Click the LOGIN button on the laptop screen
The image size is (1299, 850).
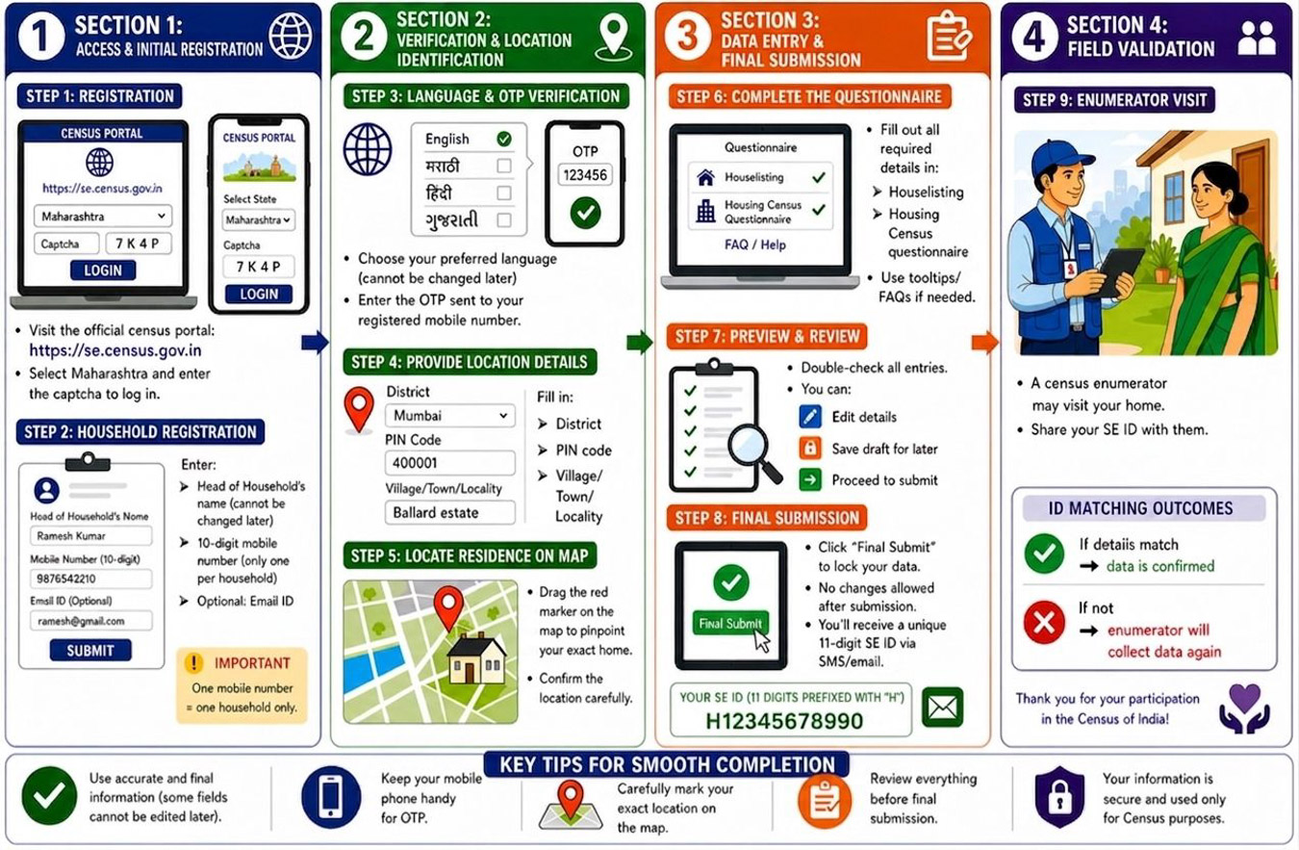click(103, 270)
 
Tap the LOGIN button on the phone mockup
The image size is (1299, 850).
click(259, 295)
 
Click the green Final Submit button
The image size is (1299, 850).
click(730, 624)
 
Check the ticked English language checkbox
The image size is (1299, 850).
click(504, 140)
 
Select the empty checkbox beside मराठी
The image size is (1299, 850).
click(504, 167)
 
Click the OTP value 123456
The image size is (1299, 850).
click(585, 174)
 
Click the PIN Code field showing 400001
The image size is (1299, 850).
click(449, 463)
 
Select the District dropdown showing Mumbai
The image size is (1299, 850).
click(449, 416)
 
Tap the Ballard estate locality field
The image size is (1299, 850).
click(449, 513)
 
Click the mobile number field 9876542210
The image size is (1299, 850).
click(91, 579)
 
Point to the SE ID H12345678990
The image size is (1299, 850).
click(784, 721)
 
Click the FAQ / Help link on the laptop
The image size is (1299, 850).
click(755, 245)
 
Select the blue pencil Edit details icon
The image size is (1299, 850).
click(810, 417)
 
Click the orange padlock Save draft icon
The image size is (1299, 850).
click(810, 449)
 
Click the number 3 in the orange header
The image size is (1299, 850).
click(687, 36)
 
